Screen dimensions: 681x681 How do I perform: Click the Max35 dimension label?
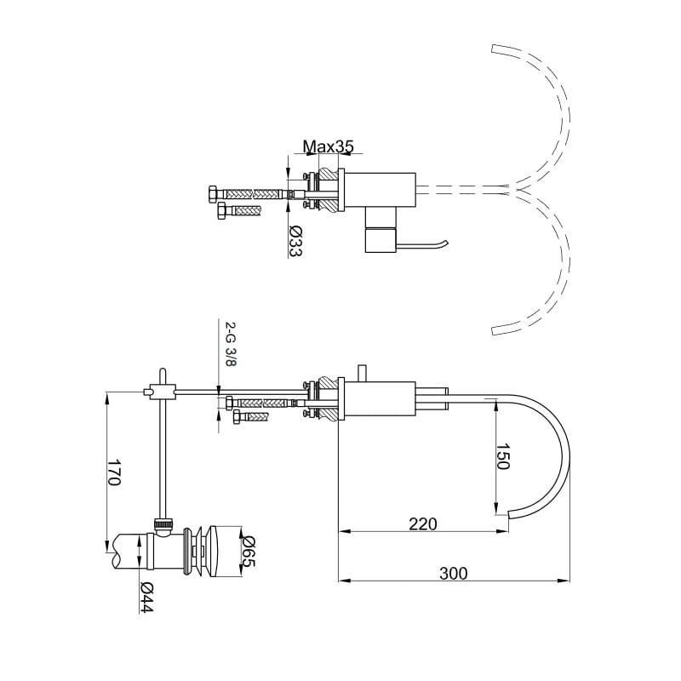click(x=328, y=146)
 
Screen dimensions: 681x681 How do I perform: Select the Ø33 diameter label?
click(x=295, y=242)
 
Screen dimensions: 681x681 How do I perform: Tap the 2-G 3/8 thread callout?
click(x=230, y=344)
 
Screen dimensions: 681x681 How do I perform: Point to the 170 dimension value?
click(x=113, y=472)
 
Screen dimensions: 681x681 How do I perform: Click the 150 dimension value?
click(x=502, y=456)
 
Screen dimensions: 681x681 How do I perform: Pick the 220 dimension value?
click(x=422, y=524)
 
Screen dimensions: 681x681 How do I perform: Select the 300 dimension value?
click(x=454, y=573)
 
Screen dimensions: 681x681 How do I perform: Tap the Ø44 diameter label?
click(x=146, y=598)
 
